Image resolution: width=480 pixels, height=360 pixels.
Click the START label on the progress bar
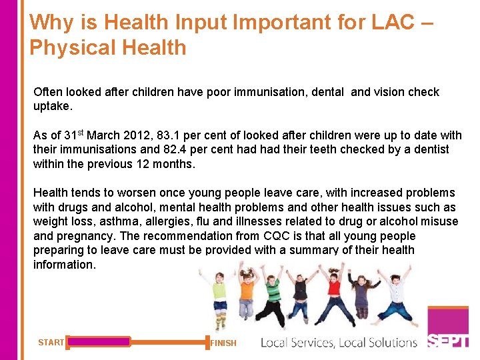[51, 343]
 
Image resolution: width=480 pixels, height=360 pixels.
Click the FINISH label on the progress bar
[223, 343]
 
